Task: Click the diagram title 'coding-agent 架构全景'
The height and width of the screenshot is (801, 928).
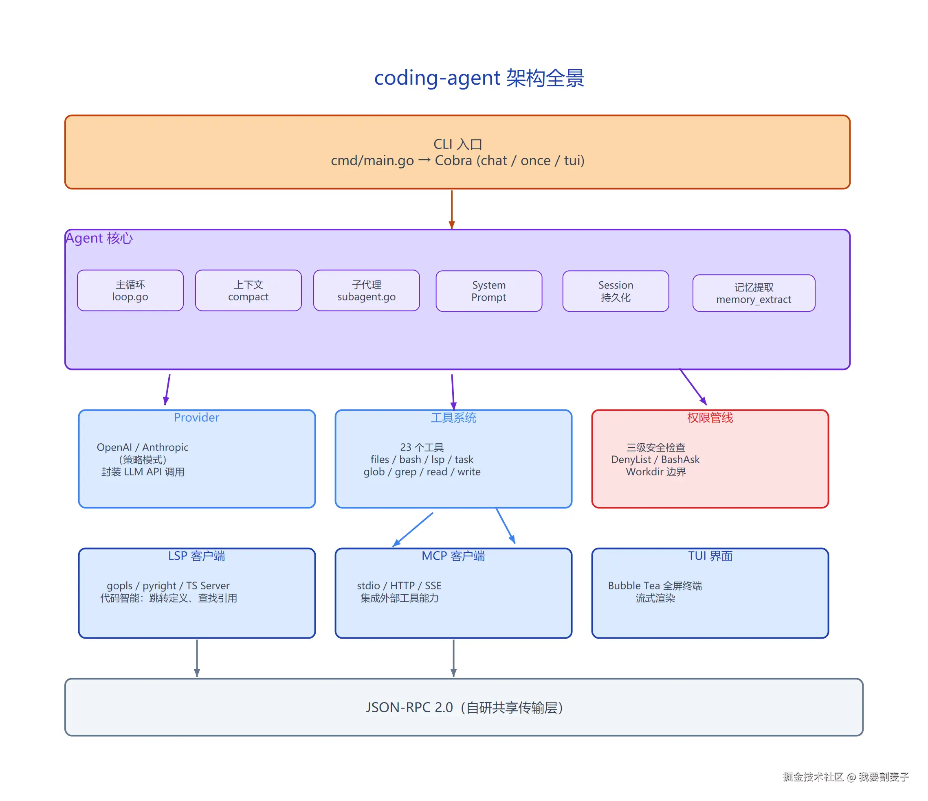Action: [479, 78]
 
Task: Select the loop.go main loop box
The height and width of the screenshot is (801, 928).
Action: [130, 291]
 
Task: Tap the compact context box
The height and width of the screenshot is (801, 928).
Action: [248, 291]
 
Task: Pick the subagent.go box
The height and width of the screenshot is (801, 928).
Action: [366, 291]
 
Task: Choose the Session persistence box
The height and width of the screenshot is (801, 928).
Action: [616, 291]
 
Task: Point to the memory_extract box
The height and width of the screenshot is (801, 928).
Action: [754, 293]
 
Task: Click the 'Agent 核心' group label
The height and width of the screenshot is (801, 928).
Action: [99, 238]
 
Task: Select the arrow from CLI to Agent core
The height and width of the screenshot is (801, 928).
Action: [452, 210]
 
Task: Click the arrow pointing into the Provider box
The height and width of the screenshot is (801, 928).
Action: [167, 390]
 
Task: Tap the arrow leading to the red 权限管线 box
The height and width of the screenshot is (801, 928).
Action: [693, 387]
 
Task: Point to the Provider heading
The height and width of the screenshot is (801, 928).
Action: [197, 418]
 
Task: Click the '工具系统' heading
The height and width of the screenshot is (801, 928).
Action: [453, 418]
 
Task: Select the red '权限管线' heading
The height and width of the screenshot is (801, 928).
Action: [710, 418]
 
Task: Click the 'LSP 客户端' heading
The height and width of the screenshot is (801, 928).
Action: [197, 556]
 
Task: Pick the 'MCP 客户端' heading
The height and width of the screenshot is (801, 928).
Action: [453, 556]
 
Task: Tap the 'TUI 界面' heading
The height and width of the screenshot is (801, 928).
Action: [710, 556]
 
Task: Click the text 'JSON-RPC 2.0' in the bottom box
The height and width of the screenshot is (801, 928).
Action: [409, 707]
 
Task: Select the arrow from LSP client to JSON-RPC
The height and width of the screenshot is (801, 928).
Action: [197, 658]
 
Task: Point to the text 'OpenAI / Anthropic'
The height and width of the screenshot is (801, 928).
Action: [143, 447]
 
